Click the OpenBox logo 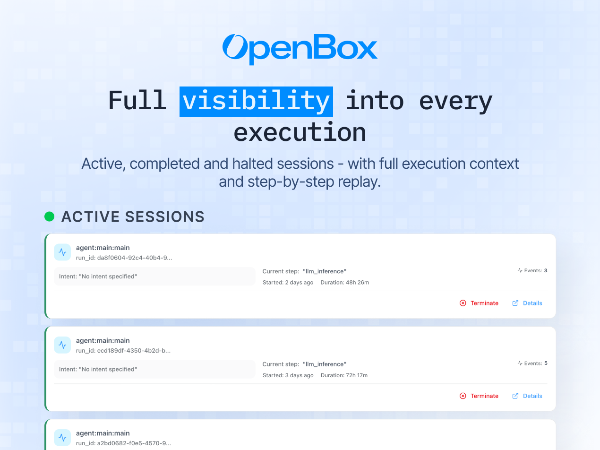click(300, 48)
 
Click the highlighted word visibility click(256, 101)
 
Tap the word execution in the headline click(300, 132)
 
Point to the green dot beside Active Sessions click(49, 216)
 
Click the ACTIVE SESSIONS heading click(133, 216)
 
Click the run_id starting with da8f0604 click(124, 258)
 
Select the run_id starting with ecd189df click(123, 351)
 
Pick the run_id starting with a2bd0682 click(123, 443)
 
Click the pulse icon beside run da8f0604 click(62, 252)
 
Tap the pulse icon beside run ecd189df click(62, 345)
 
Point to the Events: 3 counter click(532, 271)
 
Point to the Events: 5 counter click(532, 363)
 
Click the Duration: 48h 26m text click(344, 283)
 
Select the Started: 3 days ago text click(288, 375)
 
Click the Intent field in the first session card click(154, 276)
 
